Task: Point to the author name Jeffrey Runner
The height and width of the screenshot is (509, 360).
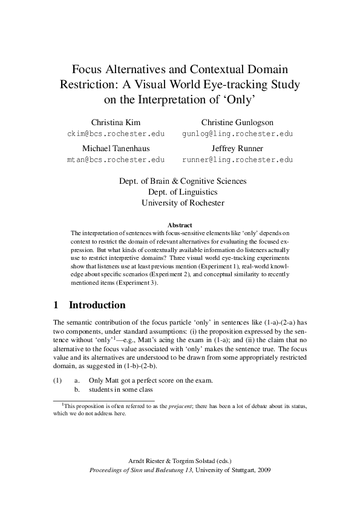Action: click(237, 149)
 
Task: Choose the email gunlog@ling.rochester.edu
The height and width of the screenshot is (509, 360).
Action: click(237, 134)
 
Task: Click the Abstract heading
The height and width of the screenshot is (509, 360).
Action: click(180, 224)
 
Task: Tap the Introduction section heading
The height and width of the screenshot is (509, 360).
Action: click(97, 305)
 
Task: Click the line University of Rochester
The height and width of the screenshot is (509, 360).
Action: click(182, 203)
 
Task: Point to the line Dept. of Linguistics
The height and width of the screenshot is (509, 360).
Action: click(182, 192)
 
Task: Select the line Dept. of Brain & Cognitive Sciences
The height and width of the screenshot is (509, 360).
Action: click(182, 181)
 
